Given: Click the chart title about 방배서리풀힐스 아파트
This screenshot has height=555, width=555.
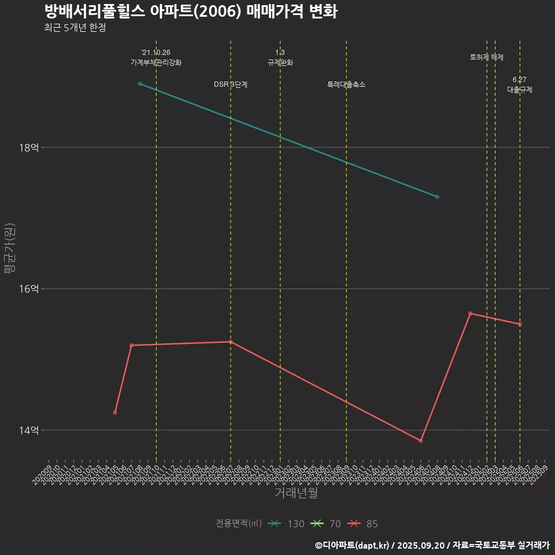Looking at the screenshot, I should click(191, 12).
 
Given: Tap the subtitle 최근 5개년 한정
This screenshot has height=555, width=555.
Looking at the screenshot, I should click(75, 28).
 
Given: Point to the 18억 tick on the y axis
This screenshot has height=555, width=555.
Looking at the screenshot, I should click(29, 147).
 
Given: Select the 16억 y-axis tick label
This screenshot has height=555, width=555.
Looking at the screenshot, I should click(29, 288).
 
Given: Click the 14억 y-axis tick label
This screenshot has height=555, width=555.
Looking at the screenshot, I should click(29, 430).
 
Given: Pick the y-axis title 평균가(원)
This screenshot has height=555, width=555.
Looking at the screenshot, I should click(10, 249).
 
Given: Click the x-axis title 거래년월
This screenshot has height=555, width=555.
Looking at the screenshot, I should click(296, 493).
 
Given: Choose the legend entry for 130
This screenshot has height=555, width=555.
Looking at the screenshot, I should click(286, 524).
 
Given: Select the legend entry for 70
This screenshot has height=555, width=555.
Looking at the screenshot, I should click(326, 524).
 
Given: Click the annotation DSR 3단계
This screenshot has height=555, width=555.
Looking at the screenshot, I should click(231, 84).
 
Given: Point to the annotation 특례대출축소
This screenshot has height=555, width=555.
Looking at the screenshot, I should click(346, 84).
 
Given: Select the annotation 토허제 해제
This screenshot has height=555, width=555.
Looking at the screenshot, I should click(487, 57).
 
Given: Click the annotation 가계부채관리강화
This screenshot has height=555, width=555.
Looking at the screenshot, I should click(156, 62).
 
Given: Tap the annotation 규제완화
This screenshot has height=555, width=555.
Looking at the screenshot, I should click(280, 62).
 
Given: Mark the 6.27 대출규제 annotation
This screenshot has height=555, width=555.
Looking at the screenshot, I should click(520, 85).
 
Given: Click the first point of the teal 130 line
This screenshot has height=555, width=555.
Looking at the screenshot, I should click(140, 84).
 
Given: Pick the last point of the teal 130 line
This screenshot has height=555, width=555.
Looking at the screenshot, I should click(438, 197).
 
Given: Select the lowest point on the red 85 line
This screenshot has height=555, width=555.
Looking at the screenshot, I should click(421, 441).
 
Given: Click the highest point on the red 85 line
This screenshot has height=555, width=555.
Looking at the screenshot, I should click(471, 313).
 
